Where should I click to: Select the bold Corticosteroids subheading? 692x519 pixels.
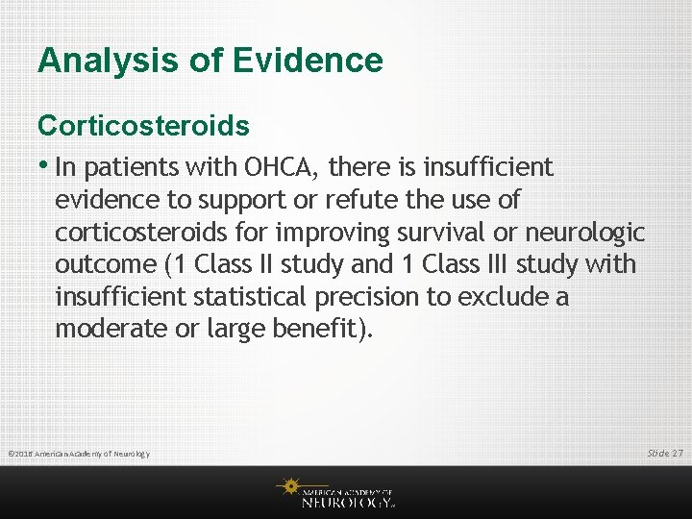point(143,126)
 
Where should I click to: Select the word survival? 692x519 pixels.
point(469,232)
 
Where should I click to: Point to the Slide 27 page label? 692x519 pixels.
point(664,453)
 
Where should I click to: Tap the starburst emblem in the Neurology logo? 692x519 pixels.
point(289,488)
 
